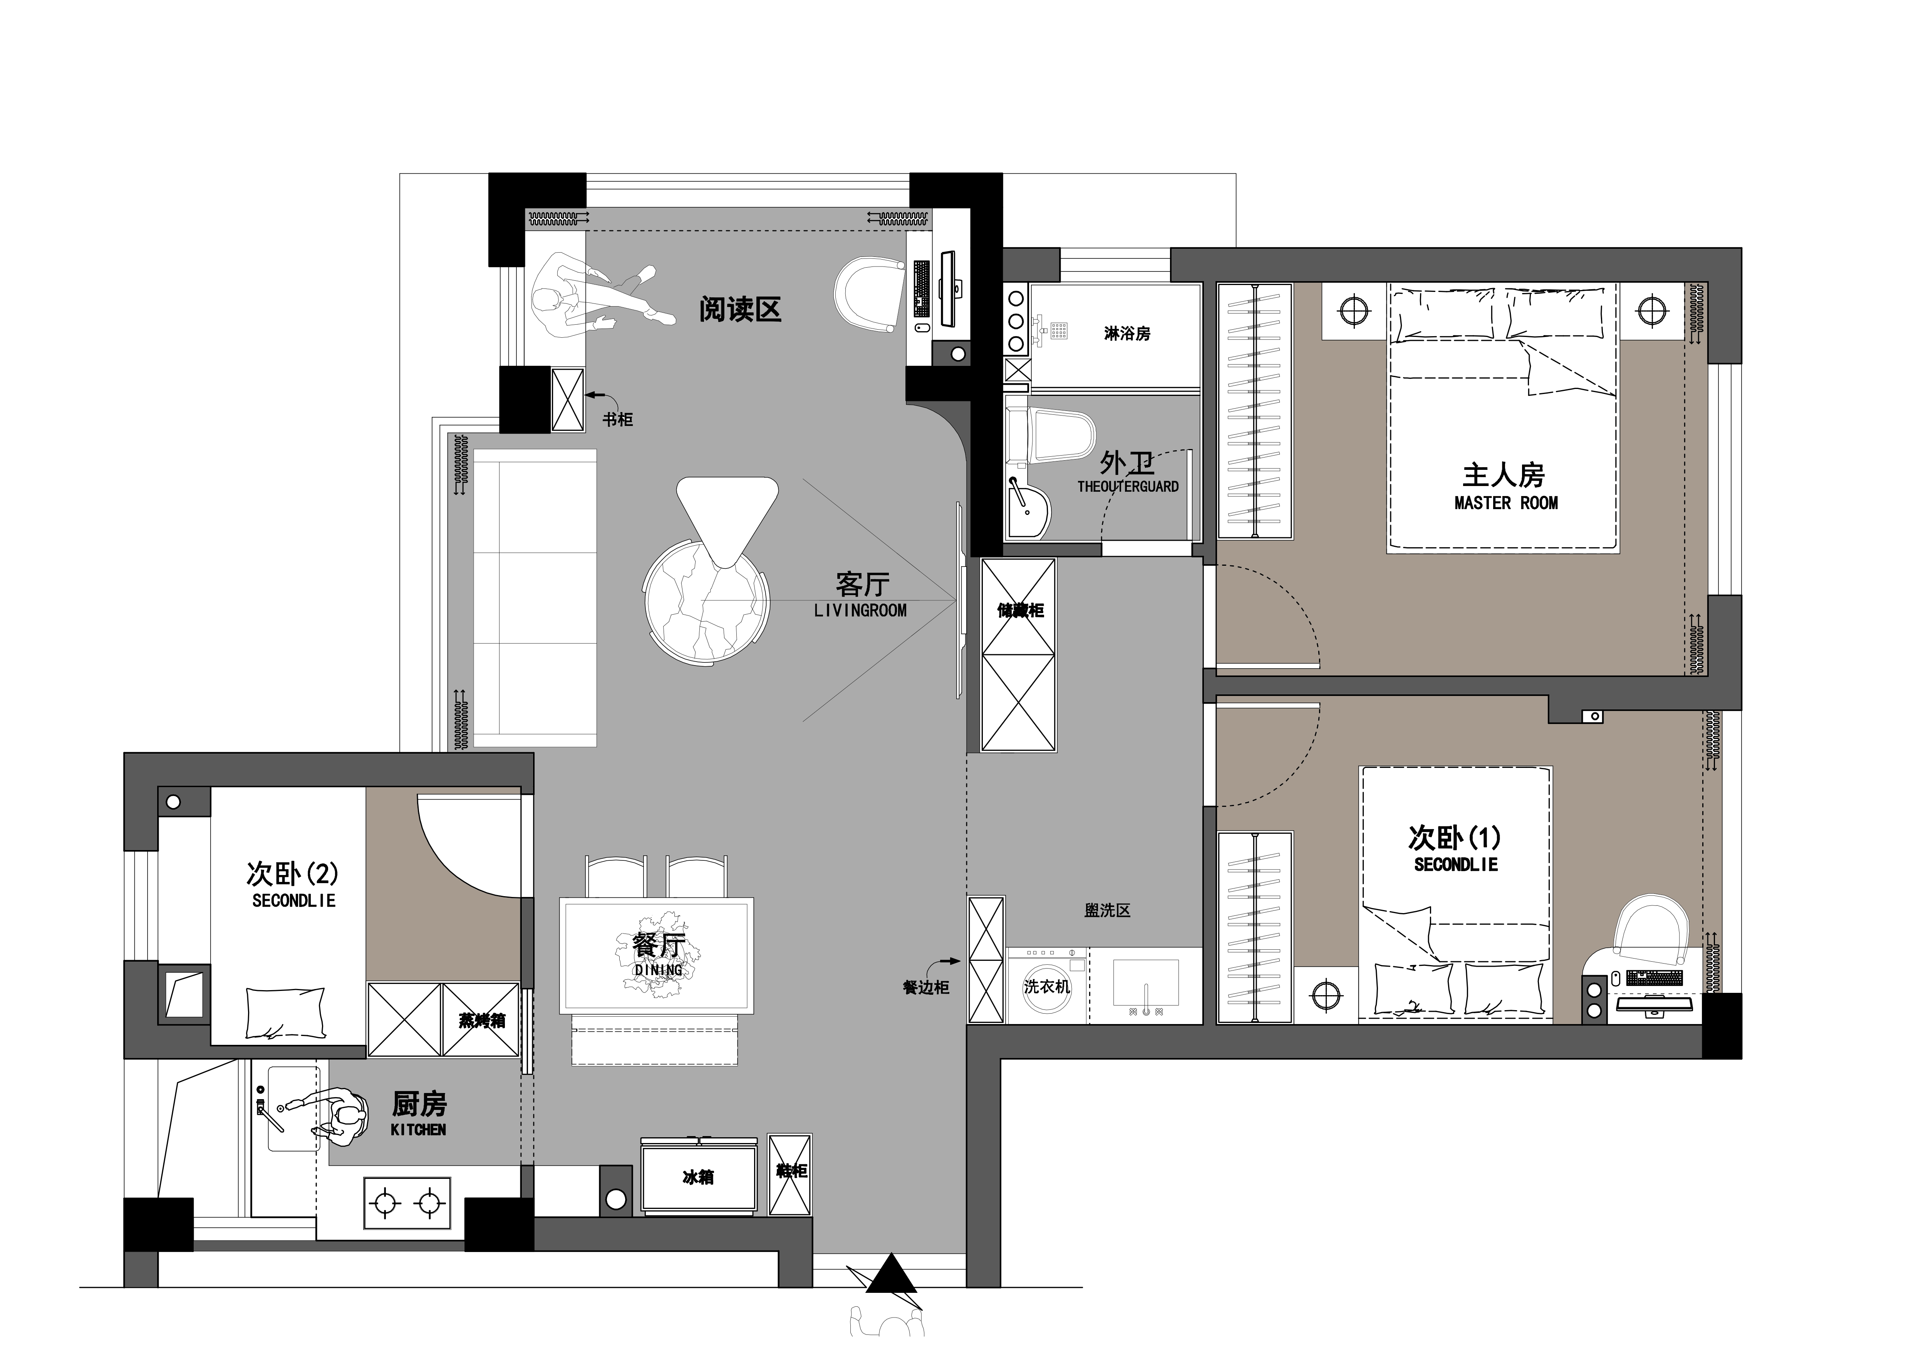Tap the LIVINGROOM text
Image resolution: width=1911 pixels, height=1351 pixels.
coord(860,610)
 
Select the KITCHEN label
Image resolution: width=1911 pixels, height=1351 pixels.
coord(418,1130)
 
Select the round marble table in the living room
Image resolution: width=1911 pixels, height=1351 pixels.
coord(706,601)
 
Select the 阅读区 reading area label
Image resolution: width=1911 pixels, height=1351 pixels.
coord(740,310)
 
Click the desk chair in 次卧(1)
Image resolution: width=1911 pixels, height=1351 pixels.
coord(1651,927)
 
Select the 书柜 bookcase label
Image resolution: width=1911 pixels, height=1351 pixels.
coord(618,419)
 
